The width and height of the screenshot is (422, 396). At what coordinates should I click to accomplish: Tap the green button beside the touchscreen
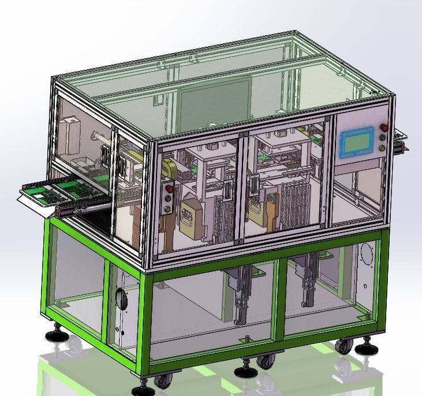[382, 137]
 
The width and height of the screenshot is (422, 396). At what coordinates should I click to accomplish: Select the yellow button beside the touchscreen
[382, 147]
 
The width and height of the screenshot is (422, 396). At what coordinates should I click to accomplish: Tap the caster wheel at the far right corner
[345, 346]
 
